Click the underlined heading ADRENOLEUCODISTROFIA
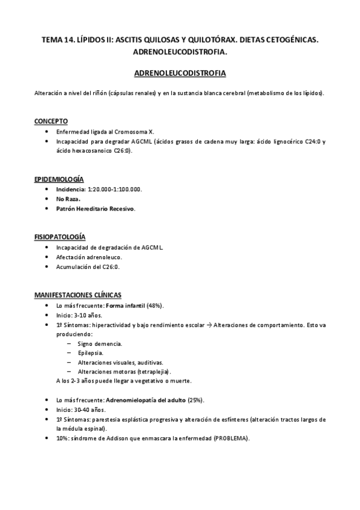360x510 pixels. [x=180, y=73]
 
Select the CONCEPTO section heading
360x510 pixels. [x=50, y=121]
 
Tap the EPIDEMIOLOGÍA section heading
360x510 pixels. [x=58, y=179]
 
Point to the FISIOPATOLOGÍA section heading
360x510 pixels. [x=59, y=238]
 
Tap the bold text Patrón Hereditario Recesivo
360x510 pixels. [x=96, y=209]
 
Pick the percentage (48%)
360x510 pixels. [x=155, y=306]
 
